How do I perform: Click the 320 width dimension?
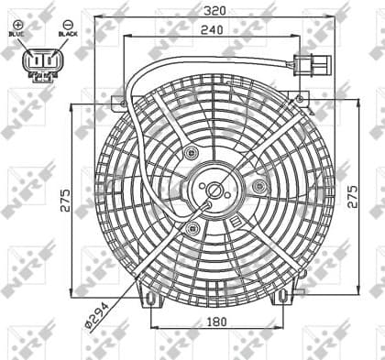pos(214,12)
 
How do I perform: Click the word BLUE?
pos(18,33)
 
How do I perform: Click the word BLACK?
pos(66,33)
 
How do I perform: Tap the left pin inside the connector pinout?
pos(34,61)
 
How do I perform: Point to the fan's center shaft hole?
pos(214,191)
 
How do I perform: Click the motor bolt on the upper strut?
pos(190,152)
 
